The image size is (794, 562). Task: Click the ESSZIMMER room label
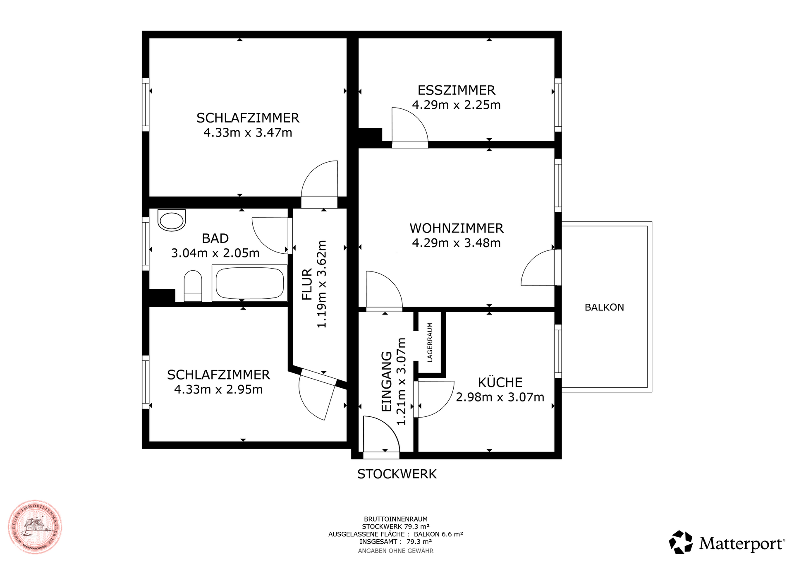456,90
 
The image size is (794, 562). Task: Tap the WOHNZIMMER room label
457,228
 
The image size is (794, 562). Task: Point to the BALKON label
604,307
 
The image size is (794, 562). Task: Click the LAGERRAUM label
430,342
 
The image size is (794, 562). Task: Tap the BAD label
215,238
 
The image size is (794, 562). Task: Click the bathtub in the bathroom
249,283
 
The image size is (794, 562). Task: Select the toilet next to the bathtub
193,286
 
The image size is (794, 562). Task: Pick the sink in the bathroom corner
172,220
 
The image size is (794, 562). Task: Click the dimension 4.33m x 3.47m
248,133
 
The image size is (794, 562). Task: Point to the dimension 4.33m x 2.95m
218,389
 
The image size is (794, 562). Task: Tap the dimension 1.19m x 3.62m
321,284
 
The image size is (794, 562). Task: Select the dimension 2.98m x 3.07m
500,397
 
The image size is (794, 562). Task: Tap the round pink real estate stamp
35,527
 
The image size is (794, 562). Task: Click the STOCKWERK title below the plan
397,474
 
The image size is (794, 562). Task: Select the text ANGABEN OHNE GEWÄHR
396,551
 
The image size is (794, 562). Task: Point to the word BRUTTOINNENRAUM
396,519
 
